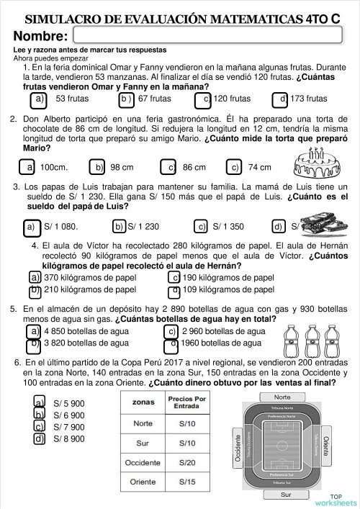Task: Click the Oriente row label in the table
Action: (x=143, y=482)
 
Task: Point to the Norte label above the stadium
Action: (x=282, y=397)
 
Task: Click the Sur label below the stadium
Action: (x=287, y=495)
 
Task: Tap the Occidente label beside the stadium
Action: (x=238, y=447)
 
